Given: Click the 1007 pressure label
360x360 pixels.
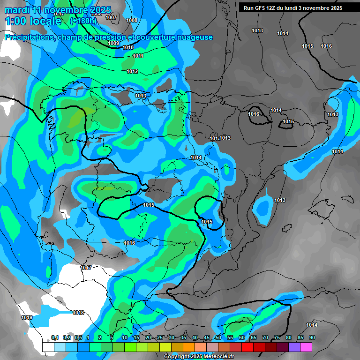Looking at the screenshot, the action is (111, 17).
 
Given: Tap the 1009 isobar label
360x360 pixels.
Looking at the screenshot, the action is (113, 43).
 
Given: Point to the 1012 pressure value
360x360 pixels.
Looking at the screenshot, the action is (132, 71).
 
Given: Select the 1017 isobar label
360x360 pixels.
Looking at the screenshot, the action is (86, 268).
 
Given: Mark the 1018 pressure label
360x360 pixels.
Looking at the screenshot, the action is (78, 313).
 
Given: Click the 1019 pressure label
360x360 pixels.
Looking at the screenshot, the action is (27, 317).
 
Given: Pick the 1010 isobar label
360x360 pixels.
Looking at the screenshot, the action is (128, 47).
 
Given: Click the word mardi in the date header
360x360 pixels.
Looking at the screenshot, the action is (16, 10).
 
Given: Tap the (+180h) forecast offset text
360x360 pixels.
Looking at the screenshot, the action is (83, 21).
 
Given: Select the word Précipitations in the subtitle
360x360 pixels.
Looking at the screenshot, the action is (29, 37).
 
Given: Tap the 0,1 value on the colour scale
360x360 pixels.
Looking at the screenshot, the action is (54, 337).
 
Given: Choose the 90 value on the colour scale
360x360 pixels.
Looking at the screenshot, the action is (312, 337).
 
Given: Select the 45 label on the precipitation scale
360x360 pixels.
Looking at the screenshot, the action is (207, 337).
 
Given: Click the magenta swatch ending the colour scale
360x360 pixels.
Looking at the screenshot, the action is (306, 347).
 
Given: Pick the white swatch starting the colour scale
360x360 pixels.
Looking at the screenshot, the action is (48, 347).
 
